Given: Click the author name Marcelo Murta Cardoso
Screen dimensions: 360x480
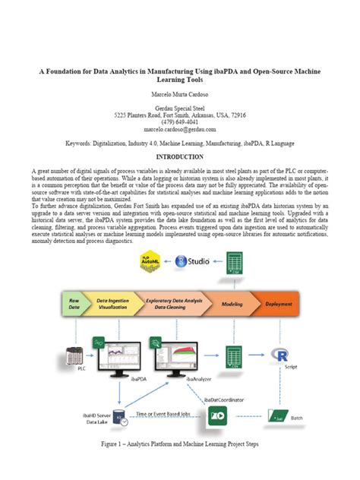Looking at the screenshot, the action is pyautogui.click(x=180, y=97).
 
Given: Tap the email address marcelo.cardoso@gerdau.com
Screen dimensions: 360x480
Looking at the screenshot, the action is pyautogui.click(x=180, y=130).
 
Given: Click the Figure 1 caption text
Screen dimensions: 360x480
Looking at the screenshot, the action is pyautogui.click(x=180, y=443).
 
